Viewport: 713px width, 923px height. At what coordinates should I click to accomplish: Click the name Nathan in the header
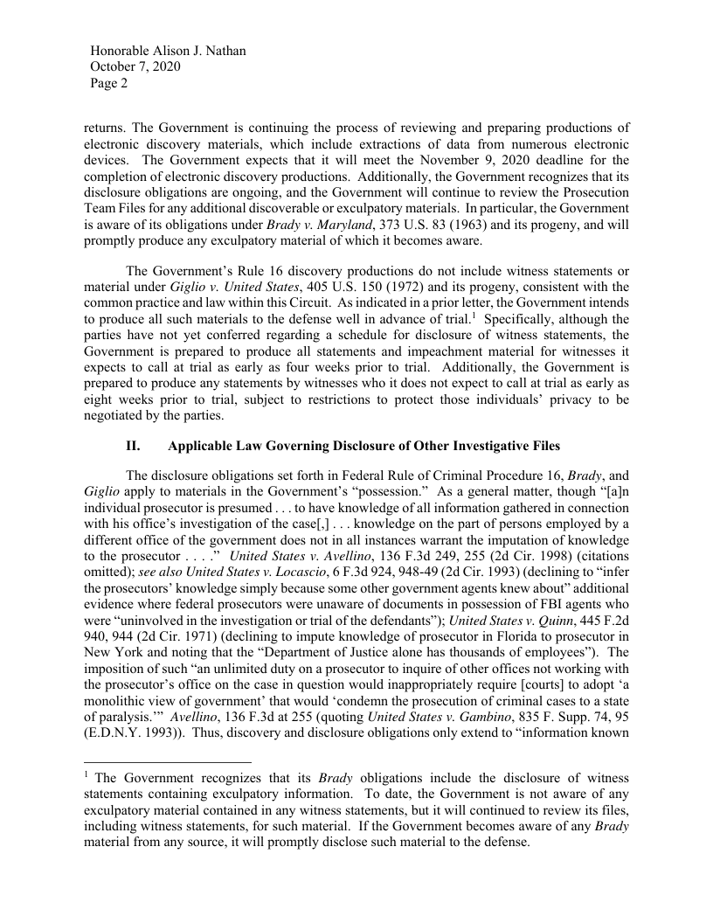click(224, 51)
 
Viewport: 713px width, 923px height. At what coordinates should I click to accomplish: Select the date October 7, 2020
click(135, 67)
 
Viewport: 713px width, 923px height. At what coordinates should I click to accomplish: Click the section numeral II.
click(134, 446)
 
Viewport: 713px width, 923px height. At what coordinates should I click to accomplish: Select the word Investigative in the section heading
click(472, 446)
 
